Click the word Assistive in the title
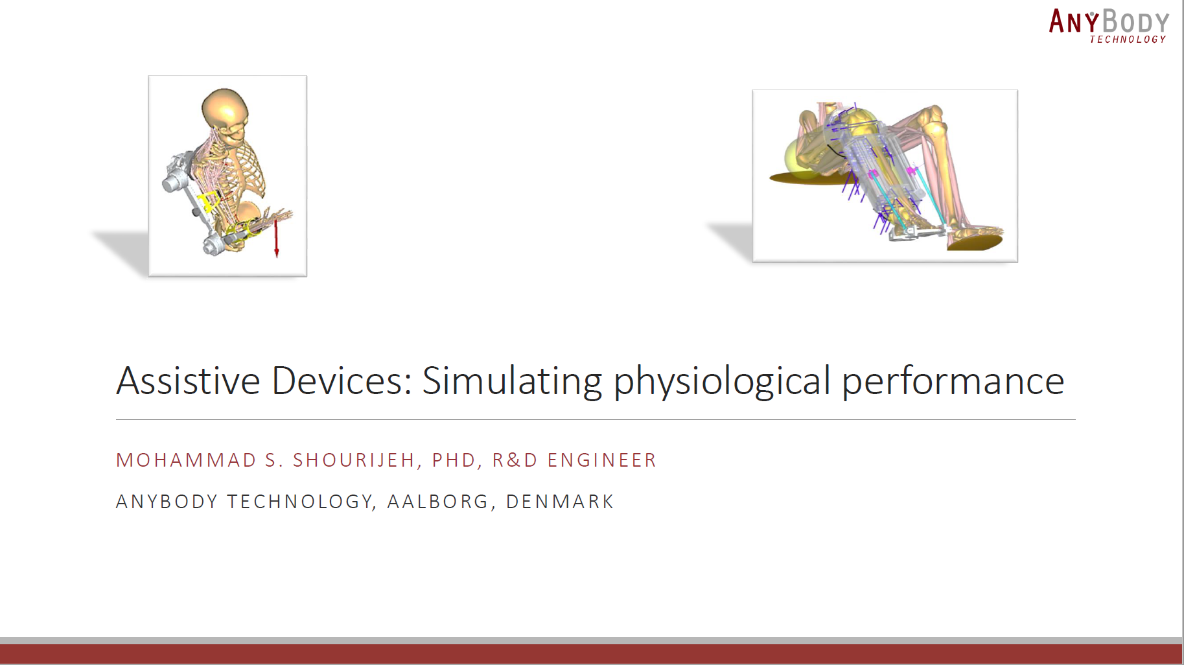pos(188,380)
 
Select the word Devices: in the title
pos(342,380)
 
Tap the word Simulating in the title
pos(512,382)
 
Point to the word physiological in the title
pos(722,382)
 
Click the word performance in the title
pos(953,382)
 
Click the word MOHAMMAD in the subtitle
pos(187,460)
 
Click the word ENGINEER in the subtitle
pos(602,460)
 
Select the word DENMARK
pos(560,502)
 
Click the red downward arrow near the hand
pos(277,238)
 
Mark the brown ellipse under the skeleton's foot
pos(975,241)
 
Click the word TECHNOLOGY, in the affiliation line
pos(301,502)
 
